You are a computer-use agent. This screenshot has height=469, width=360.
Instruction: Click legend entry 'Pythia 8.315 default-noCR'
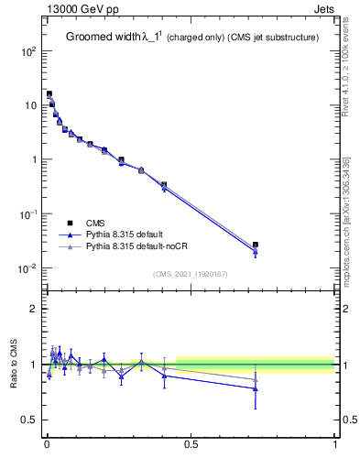pyautogui.click(x=138, y=246)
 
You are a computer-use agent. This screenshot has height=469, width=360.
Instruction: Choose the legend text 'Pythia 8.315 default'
pyautogui.click(x=126, y=234)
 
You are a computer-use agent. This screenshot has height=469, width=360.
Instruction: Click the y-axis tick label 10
pyautogui.click(x=29, y=105)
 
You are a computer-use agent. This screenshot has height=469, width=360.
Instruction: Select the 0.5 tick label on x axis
pyautogui.click(x=191, y=446)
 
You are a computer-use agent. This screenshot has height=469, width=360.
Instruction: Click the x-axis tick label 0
pyautogui.click(x=47, y=446)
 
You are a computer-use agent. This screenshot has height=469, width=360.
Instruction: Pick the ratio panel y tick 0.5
pyautogui.click(x=30, y=420)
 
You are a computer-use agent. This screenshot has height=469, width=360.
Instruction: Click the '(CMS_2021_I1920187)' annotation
pyautogui.click(x=191, y=273)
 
